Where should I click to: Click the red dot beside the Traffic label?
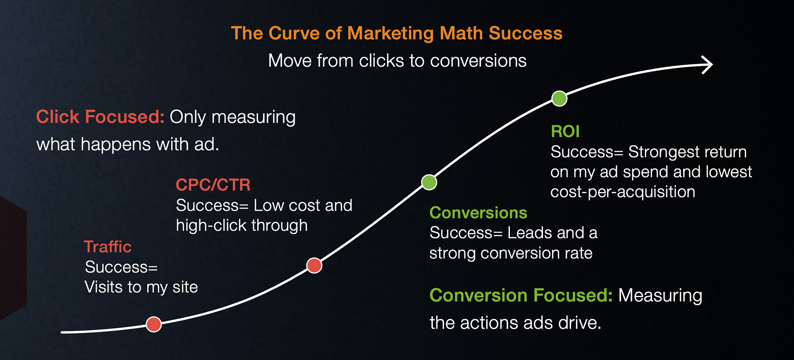coord(154,324)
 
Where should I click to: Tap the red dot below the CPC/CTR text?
coord(314,265)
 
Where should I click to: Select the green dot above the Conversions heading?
coord(429,182)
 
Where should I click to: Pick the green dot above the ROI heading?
coord(560,98)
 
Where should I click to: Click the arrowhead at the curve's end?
coord(708,65)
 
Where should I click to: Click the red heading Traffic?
coord(108,247)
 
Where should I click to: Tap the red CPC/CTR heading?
coord(213,185)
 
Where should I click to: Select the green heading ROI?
coord(565,132)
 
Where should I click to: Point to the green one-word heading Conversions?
coord(478,213)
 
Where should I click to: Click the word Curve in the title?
coord(294,33)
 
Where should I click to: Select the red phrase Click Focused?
coord(100,117)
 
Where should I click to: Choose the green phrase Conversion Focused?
coord(521,295)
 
